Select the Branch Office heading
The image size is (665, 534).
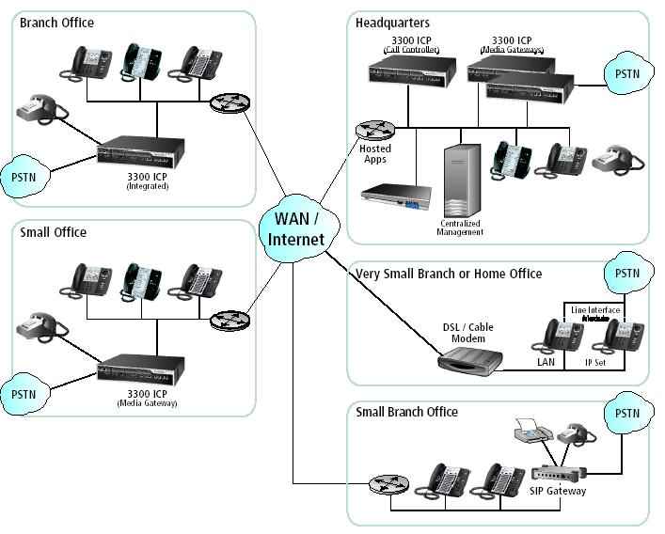[x=56, y=23]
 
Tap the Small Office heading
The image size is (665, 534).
[x=53, y=232]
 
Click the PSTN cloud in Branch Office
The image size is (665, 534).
[x=23, y=176]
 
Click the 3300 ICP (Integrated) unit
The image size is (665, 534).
[x=141, y=153]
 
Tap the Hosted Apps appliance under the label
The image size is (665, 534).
[x=396, y=198]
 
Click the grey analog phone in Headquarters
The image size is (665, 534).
[x=617, y=158]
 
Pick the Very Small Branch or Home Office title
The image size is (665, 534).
[x=449, y=274]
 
